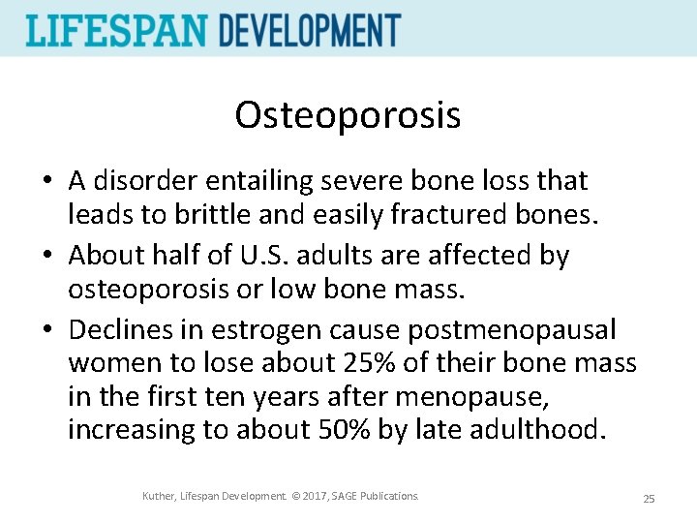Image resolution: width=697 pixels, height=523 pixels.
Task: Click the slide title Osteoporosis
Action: tap(348, 115)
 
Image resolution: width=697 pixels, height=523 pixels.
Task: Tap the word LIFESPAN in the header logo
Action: tap(117, 30)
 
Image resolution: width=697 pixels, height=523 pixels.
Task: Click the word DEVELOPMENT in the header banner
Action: tap(309, 30)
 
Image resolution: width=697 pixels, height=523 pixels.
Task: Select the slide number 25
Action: tap(649, 499)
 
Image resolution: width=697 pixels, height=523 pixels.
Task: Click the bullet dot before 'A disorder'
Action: tap(45, 182)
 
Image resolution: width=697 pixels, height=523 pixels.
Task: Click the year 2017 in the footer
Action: tap(313, 497)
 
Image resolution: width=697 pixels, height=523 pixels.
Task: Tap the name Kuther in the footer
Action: tap(159, 497)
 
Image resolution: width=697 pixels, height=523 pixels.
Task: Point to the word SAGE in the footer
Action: tap(346, 497)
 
